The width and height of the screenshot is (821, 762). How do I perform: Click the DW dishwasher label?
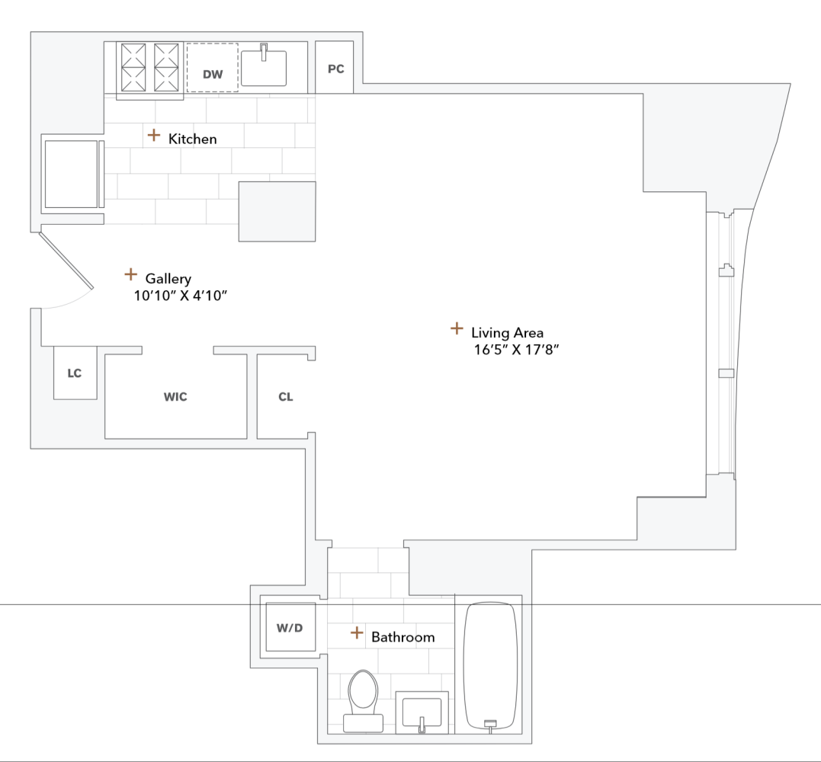pos(213,75)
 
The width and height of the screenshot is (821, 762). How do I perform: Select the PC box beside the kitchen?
pos(335,69)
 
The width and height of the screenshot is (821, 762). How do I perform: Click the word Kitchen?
pos(192,139)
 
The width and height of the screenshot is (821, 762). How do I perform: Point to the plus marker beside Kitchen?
pos(154,136)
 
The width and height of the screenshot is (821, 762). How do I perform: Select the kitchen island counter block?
pos(277,211)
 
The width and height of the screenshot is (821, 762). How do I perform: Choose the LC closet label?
pos(75,373)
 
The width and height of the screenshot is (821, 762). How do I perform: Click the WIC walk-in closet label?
pos(175,397)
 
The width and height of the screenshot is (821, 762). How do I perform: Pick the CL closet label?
pos(285,397)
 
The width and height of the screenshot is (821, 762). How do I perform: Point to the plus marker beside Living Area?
pos(457,328)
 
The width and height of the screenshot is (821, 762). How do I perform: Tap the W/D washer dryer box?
pos(290,628)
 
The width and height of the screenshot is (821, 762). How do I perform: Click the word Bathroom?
pos(402,637)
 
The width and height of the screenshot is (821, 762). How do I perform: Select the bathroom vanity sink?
pos(421,712)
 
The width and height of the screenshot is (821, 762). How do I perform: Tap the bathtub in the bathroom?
pos(491,664)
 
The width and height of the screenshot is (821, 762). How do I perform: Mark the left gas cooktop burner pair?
pos(133,67)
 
